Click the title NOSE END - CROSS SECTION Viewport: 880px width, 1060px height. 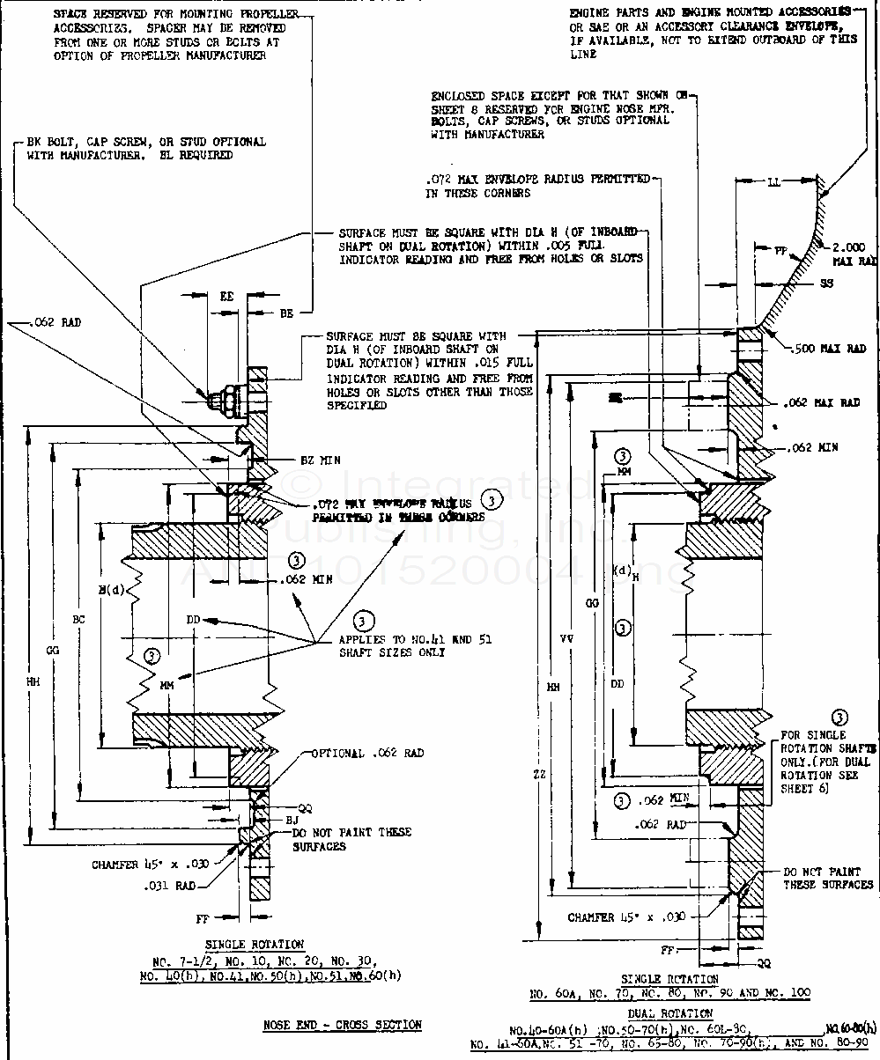coord(343,1025)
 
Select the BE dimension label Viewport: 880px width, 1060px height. coord(286,313)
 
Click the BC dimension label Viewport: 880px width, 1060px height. coord(78,619)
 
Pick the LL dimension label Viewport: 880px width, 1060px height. coord(773,182)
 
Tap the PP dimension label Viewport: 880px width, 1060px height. coord(780,251)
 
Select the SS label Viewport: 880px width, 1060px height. coord(825,283)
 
